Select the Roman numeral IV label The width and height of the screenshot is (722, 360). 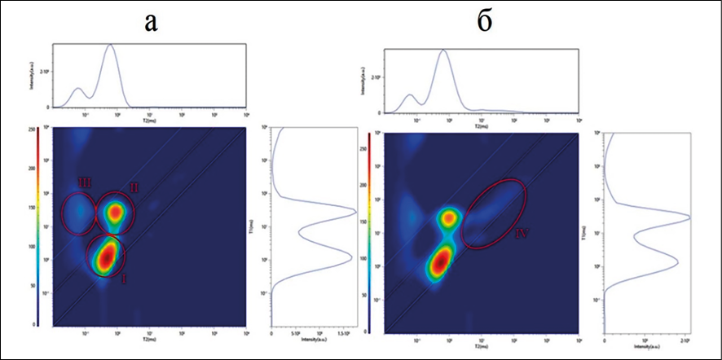(x=522, y=234)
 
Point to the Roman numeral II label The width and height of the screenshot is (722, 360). (x=134, y=188)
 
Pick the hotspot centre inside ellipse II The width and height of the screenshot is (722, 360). (x=116, y=212)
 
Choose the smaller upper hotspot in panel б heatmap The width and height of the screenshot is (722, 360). (x=448, y=217)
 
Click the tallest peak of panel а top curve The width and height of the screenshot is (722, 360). (x=110, y=46)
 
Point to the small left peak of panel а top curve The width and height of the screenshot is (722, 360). (x=77, y=88)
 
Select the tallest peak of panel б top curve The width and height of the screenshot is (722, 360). (x=443, y=50)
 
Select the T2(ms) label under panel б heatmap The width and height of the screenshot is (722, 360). (x=483, y=342)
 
